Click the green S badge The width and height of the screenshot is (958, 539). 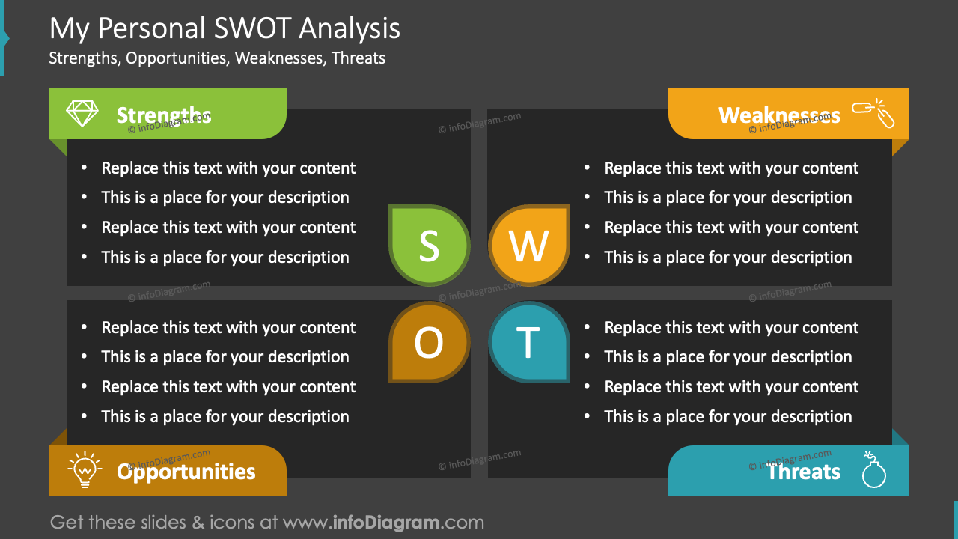click(x=429, y=246)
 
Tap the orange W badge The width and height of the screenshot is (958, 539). click(x=528, y=246)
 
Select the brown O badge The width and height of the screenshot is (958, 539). click(x=429, y=343)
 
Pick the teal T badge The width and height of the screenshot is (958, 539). click(x=528, y=343)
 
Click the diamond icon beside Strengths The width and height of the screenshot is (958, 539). click(x=82, y=114)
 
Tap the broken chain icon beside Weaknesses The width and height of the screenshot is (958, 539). click(x=874, y=113)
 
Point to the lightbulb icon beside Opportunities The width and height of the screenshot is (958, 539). click(x=85, y=470)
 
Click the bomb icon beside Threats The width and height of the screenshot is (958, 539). click(x=873, y=471)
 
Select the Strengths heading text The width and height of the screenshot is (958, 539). click(x=164, y=115)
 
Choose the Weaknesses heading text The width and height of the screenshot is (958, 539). click(x=779, y=115)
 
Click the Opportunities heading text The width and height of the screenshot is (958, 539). click(x=186, y=472)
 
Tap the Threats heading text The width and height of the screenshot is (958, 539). click(x=804, y=472)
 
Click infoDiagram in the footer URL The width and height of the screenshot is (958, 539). click(x=385, y=522)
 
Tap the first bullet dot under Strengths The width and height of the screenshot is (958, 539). click(x=85, y=168)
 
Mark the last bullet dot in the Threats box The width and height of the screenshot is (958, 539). click(x=588, y=417)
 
